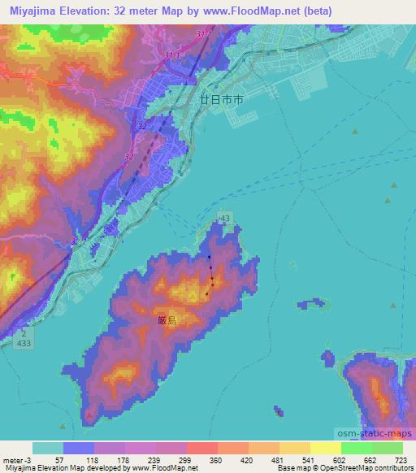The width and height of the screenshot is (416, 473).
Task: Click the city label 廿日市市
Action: point(221,98)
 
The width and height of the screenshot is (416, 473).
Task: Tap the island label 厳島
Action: point(167,320)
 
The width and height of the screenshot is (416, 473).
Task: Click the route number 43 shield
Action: point(225,218)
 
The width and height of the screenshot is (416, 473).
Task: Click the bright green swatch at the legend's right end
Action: point(387,448)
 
